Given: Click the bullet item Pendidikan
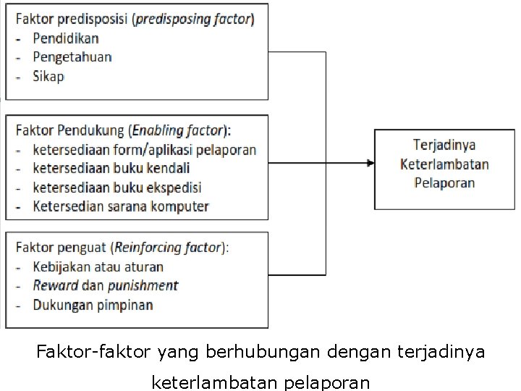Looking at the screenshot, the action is pyautogui.click(x=66, y=38).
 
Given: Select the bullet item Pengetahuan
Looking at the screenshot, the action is pyautogui.click(x=72, y=56).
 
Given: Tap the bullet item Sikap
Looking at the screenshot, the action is pyautogui.click(x=48, y=75).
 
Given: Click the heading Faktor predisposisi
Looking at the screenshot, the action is pyautogui.click(x=71, y=20).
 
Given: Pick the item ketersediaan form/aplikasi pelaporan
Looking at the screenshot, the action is pyautogui.click(x=144, y=150).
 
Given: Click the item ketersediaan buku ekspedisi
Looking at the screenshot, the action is pyautogui.click(x=117, y=188).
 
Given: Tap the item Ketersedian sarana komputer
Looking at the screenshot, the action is pyautogui.click(x=121, y=206).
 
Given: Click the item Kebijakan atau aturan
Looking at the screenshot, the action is pyautogui.click(x=98, y=266).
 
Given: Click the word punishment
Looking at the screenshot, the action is pyautogui.click(x=140, y=285).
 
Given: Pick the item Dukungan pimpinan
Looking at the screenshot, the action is pyautogui.click(x=93, y=304).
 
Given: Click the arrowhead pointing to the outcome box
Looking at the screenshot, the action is pyautogui.click(x=370, y=163).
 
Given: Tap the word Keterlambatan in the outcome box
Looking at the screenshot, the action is pyautogui.click(x=444, y=164).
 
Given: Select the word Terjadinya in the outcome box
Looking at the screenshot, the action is pyautogui.click(x=444, y=145).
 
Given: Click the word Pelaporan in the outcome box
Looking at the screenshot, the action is pyautogui.click(x=444, y=182).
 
